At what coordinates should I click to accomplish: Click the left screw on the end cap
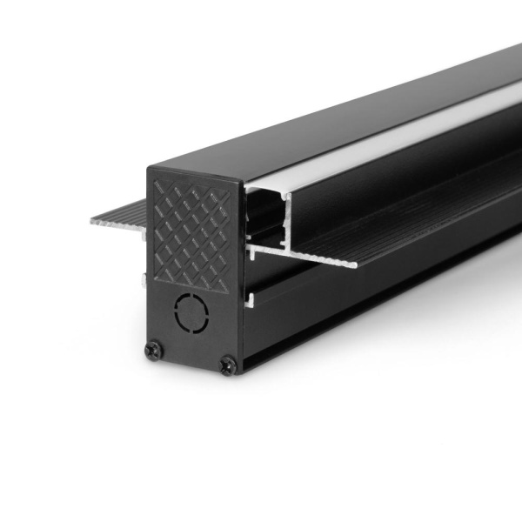coord(154,350)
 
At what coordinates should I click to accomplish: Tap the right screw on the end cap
coord(228,365)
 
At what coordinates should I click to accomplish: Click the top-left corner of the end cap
coord(150,167)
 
